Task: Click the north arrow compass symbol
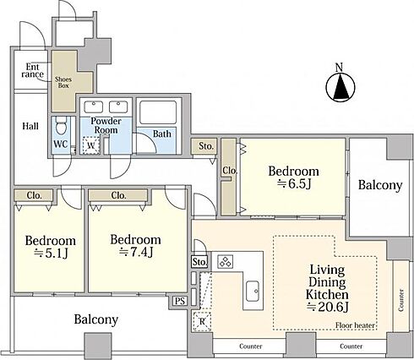[340, 87]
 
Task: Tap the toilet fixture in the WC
[61, 126]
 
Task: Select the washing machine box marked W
[91, 145]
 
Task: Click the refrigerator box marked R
[202, 321]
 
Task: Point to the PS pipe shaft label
[180, 301]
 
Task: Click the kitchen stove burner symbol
[226, 262]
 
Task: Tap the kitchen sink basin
[253, 291]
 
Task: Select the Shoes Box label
[63, 82]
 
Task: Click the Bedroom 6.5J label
[293, 177]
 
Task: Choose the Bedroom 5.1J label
[51, 247]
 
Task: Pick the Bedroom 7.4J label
[135, 245]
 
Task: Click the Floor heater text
[355, 325]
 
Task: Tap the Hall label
[30, 126]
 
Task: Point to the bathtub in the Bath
[159, 112]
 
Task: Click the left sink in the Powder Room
[94, 107]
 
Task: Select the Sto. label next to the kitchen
[199, 262]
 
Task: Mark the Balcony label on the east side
[380, 186]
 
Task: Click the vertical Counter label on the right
[401, 300]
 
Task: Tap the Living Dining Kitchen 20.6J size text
[327, 307]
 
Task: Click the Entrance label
[32, 70]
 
